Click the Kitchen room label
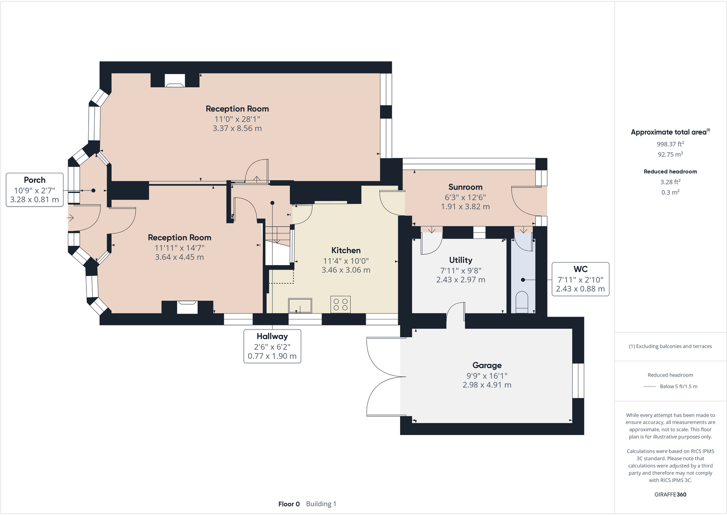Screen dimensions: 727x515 pos(346,250)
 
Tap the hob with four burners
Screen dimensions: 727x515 pos(341,304)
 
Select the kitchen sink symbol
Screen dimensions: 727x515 pos(300,306)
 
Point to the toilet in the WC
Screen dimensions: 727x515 pos(522,302)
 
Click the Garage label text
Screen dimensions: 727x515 pos(487,366)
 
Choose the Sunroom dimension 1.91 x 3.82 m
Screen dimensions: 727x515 pos(465,207)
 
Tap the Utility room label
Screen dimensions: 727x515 pos(460,260)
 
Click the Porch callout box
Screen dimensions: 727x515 pos(35,190)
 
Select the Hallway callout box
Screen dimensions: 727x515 pos(273,346)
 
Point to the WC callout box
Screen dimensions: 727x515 pos(581,279)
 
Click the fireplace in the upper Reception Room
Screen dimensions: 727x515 pos(175,80)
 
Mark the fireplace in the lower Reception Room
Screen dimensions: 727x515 pos(187,307)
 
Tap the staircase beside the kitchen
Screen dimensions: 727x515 pos(278,246)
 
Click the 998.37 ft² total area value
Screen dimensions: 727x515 pos(670,143)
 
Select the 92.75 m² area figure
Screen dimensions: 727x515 pos(670,154)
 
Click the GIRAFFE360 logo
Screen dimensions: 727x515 pos(670,494)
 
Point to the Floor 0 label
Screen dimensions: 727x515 pos(289,504)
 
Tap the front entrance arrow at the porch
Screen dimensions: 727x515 pos(70,218)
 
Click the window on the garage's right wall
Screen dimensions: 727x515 pos(578,381)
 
